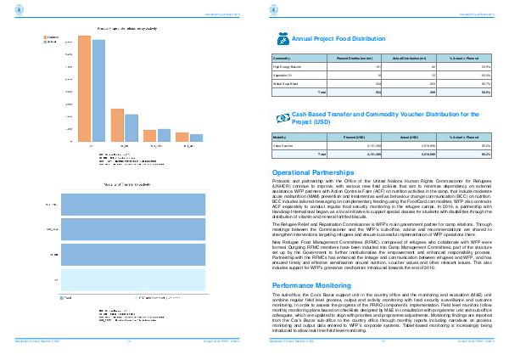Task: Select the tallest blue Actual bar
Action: [x=98, y=90]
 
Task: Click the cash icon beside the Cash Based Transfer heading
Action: [x=282, y=118]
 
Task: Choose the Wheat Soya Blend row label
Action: [x=285, y=82]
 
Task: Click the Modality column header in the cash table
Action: [x=280, y=137]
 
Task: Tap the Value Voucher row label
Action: [x=282, y=145]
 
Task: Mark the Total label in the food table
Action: [x=321, y=90]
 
